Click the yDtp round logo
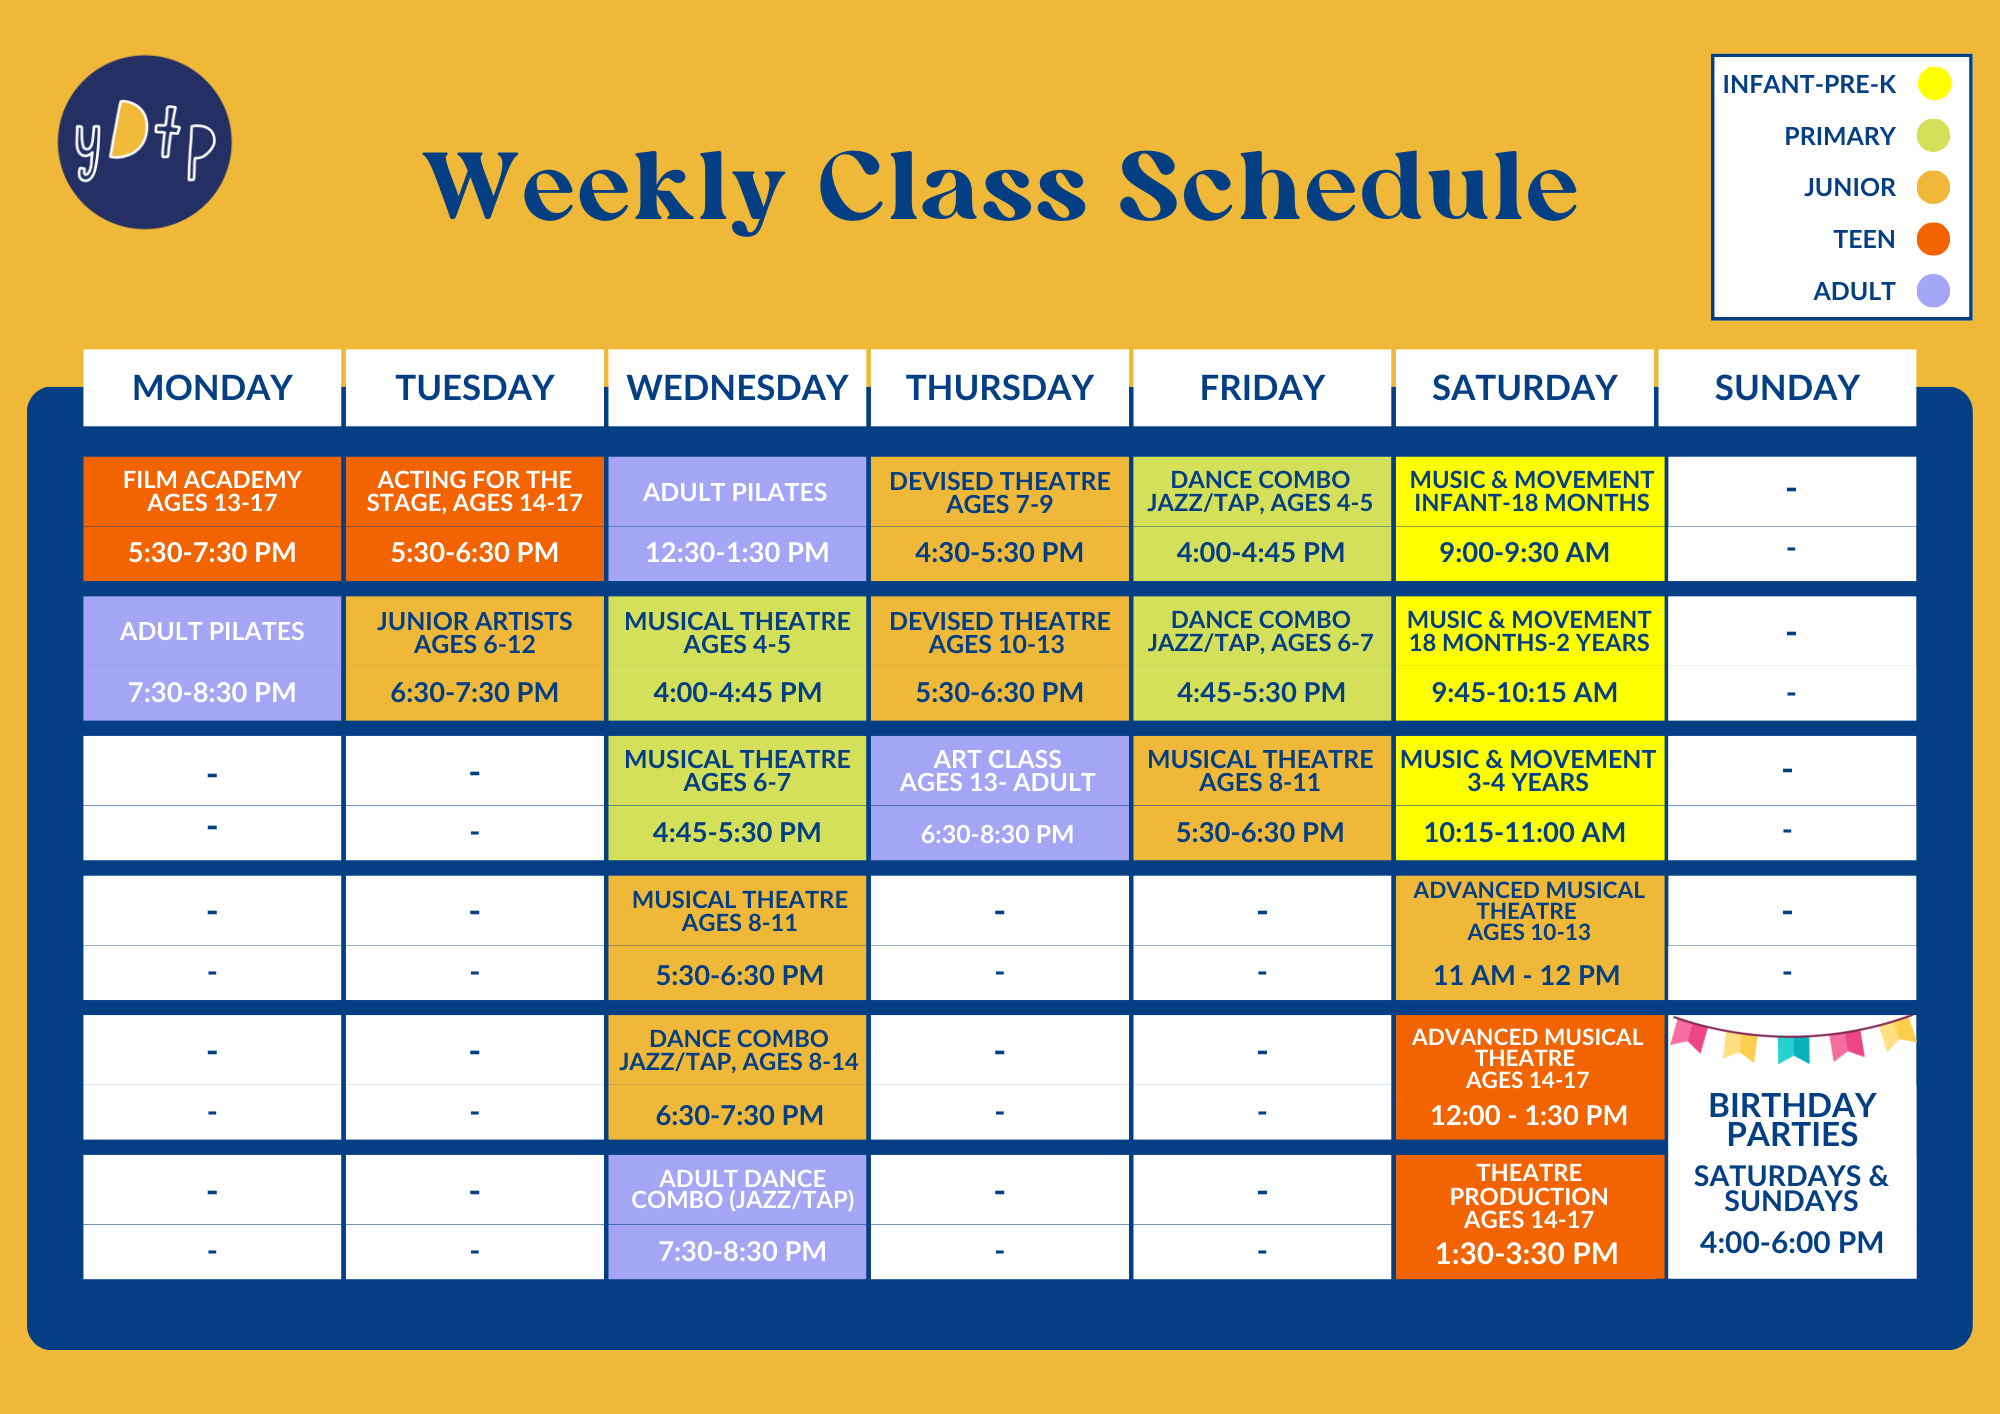coord(145,142)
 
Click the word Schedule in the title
coord(1348,186)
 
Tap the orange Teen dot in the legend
coord(1933,239)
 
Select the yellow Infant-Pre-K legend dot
coord(1934,84)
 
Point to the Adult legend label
coord(1854,291)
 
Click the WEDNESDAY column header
coord(737,388)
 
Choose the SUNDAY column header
coord(1787,388)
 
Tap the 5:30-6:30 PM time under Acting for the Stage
coord(474,552)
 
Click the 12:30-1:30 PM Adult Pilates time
coord(737,552)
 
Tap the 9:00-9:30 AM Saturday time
coord(1524,552)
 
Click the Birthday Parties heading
coord(1792,1120)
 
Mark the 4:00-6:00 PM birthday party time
coord(1792,1243)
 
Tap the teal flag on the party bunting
coord(1793,1049)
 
